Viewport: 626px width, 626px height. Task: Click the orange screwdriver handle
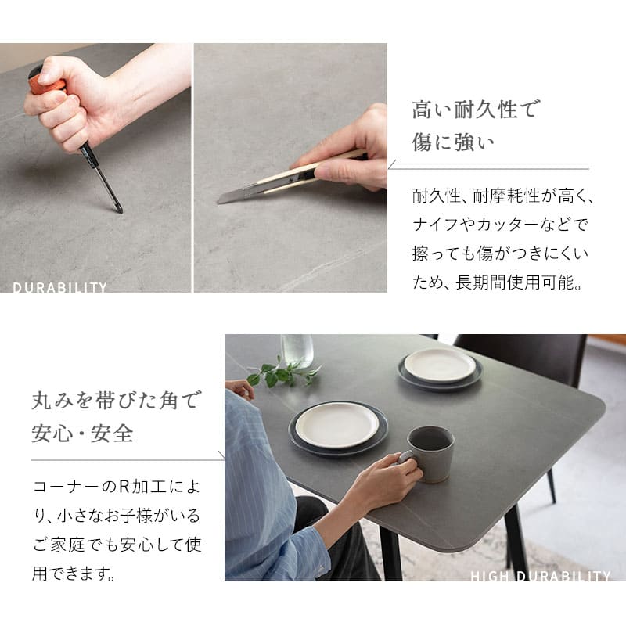click(x=46, y=83)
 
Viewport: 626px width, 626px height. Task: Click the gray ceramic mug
click(x=428, y=454)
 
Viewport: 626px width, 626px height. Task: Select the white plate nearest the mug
click(x=338, y=424)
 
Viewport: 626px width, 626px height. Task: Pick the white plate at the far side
click(x=440, y=365)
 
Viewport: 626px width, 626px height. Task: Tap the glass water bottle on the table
click(x=297, y=350)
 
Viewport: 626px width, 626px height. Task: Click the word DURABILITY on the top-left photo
click(x=60, y=287)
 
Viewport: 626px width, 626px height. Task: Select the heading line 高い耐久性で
click(x=475, y=109)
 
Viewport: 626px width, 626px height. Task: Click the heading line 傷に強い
click(x=453, y=142)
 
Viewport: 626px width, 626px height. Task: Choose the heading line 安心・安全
click(x=82, y=434)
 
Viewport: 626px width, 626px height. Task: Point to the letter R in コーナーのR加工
click(x=124, y=487)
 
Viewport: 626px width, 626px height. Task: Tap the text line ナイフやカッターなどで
click(x=500, y=225)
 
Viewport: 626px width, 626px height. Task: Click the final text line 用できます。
click(x=74, y=574)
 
